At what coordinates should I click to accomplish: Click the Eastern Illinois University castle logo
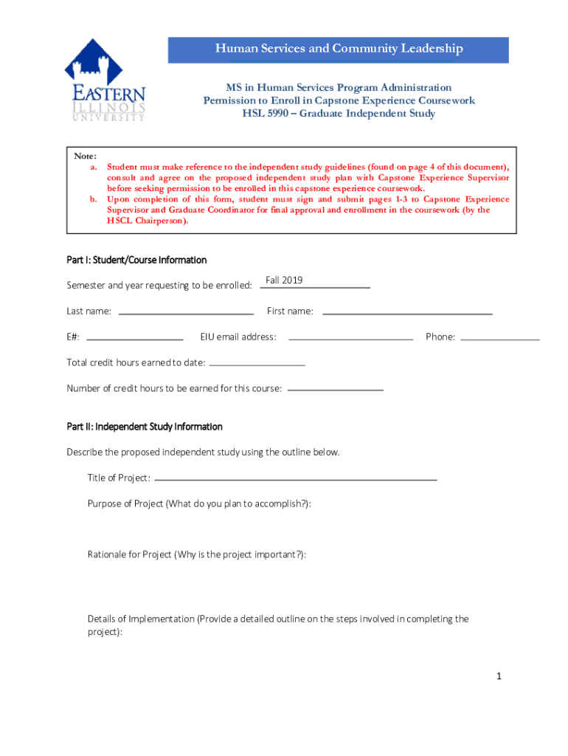click(104, 80)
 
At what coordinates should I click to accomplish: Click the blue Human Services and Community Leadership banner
click(339, 49)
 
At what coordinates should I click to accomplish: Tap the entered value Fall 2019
click(284, 281)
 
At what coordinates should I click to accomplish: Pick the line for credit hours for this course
click(336, 389)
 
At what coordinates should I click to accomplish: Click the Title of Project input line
click(296, 478)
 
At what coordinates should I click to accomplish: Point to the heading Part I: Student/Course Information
click(136, 260)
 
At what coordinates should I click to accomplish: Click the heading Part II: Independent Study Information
click(145, 427)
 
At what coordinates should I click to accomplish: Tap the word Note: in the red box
click(85, 157)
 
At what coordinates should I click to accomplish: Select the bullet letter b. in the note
click(94, 199)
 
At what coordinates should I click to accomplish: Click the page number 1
click(499, 676)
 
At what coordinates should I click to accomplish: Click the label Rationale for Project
click(129, 554)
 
